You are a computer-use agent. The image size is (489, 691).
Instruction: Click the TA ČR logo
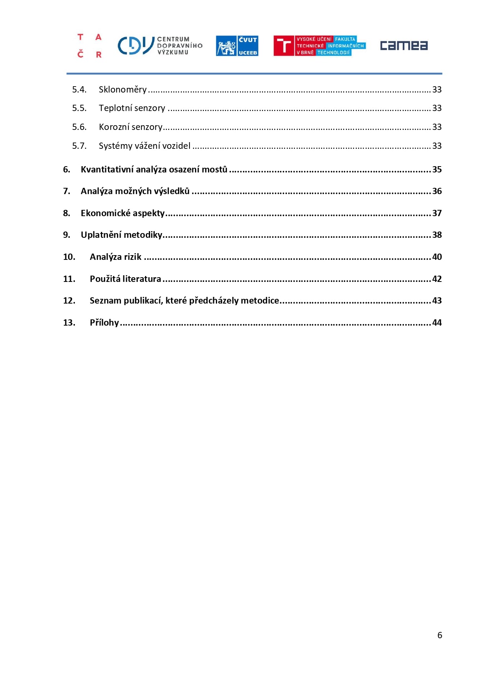click(x=89, y=46)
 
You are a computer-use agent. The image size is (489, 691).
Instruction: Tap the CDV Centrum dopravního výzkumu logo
click(x=160, y=46)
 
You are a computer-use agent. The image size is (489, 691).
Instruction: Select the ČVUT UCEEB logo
click(x=237, y=46)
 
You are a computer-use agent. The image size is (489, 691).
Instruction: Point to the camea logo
click(x=403, y=46)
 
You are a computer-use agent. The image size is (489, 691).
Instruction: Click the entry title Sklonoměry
click(x=123, y=90)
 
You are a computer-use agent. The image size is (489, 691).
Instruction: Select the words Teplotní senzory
click(x=132, y=108)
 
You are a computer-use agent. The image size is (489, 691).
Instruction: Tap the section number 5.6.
click(x=79, y=127)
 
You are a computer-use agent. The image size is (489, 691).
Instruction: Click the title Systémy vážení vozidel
click(x=145, y=146)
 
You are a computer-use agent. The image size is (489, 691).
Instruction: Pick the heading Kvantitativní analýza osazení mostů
click(x=154, y=170)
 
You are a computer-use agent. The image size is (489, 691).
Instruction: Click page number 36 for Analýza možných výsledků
click(x=437, y=191)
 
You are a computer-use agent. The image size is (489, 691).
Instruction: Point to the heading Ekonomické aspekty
click(x=123, y=213)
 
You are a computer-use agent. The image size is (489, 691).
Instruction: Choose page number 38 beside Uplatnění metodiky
click(x=437, y=235)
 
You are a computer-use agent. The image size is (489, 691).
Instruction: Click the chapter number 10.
click(x=69, y=257)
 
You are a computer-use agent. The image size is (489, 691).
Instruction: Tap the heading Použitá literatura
click(x=125, y=279)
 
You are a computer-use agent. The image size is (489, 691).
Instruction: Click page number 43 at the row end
click(x=437, y=301)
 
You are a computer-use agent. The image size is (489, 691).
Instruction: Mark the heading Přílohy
click(x=104, y=323)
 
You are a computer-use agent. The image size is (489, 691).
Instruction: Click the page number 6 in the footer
click(x=440, y=635)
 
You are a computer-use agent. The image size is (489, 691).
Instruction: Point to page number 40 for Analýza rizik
click(x=437, y=257)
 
